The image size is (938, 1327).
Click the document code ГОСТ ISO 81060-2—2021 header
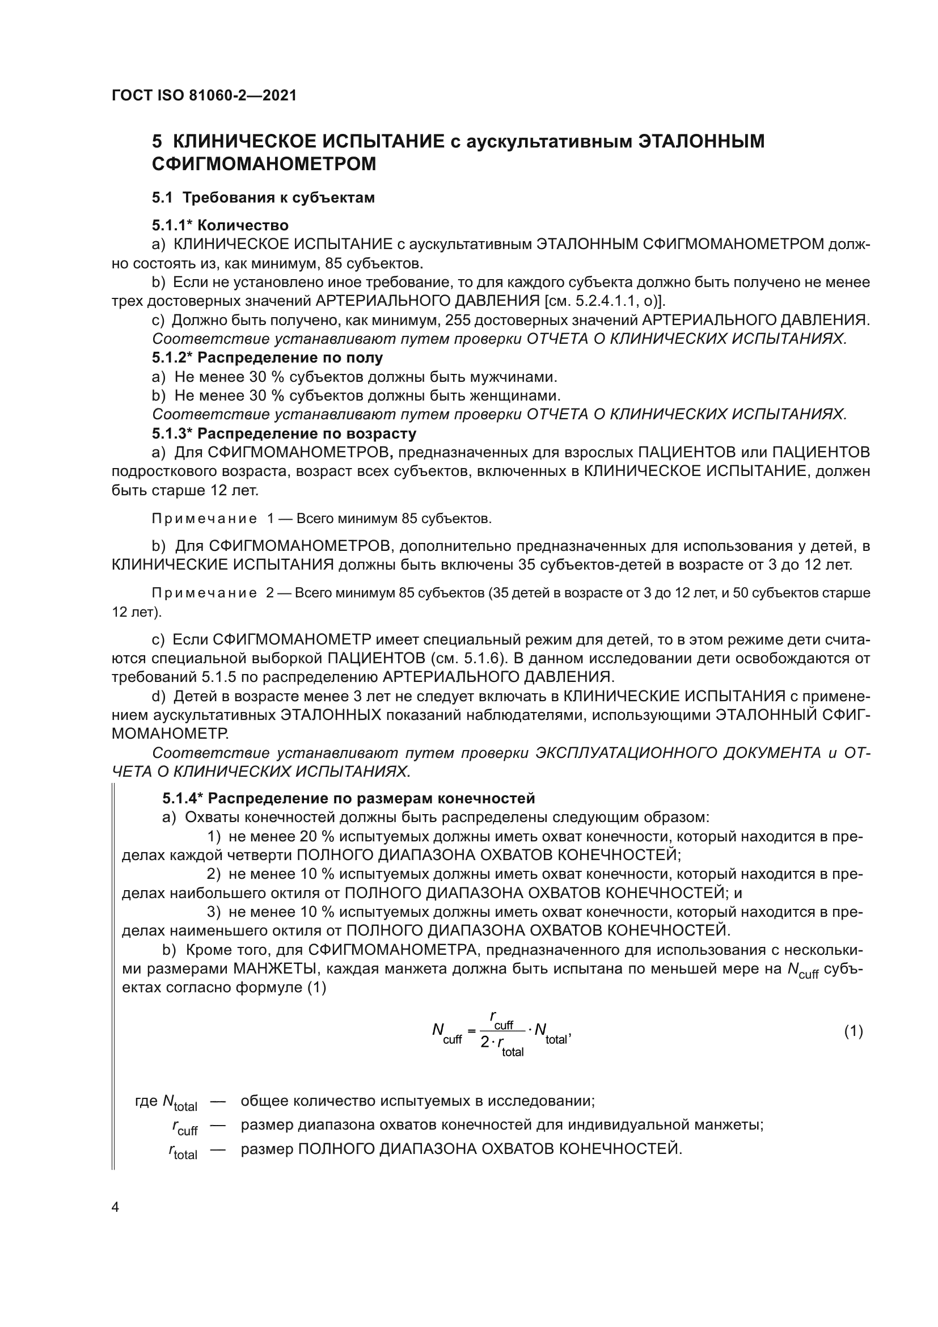204,95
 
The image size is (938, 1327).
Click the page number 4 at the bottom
116,1207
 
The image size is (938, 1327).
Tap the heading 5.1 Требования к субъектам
263,197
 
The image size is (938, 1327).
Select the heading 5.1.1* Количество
220,225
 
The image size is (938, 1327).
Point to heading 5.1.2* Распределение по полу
268,358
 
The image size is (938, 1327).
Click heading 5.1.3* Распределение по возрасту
284,433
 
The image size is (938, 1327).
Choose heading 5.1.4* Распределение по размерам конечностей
348,798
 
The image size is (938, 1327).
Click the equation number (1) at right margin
853,1031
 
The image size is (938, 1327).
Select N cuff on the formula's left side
446,1032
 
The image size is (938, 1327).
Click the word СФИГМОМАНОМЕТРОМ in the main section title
264,164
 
